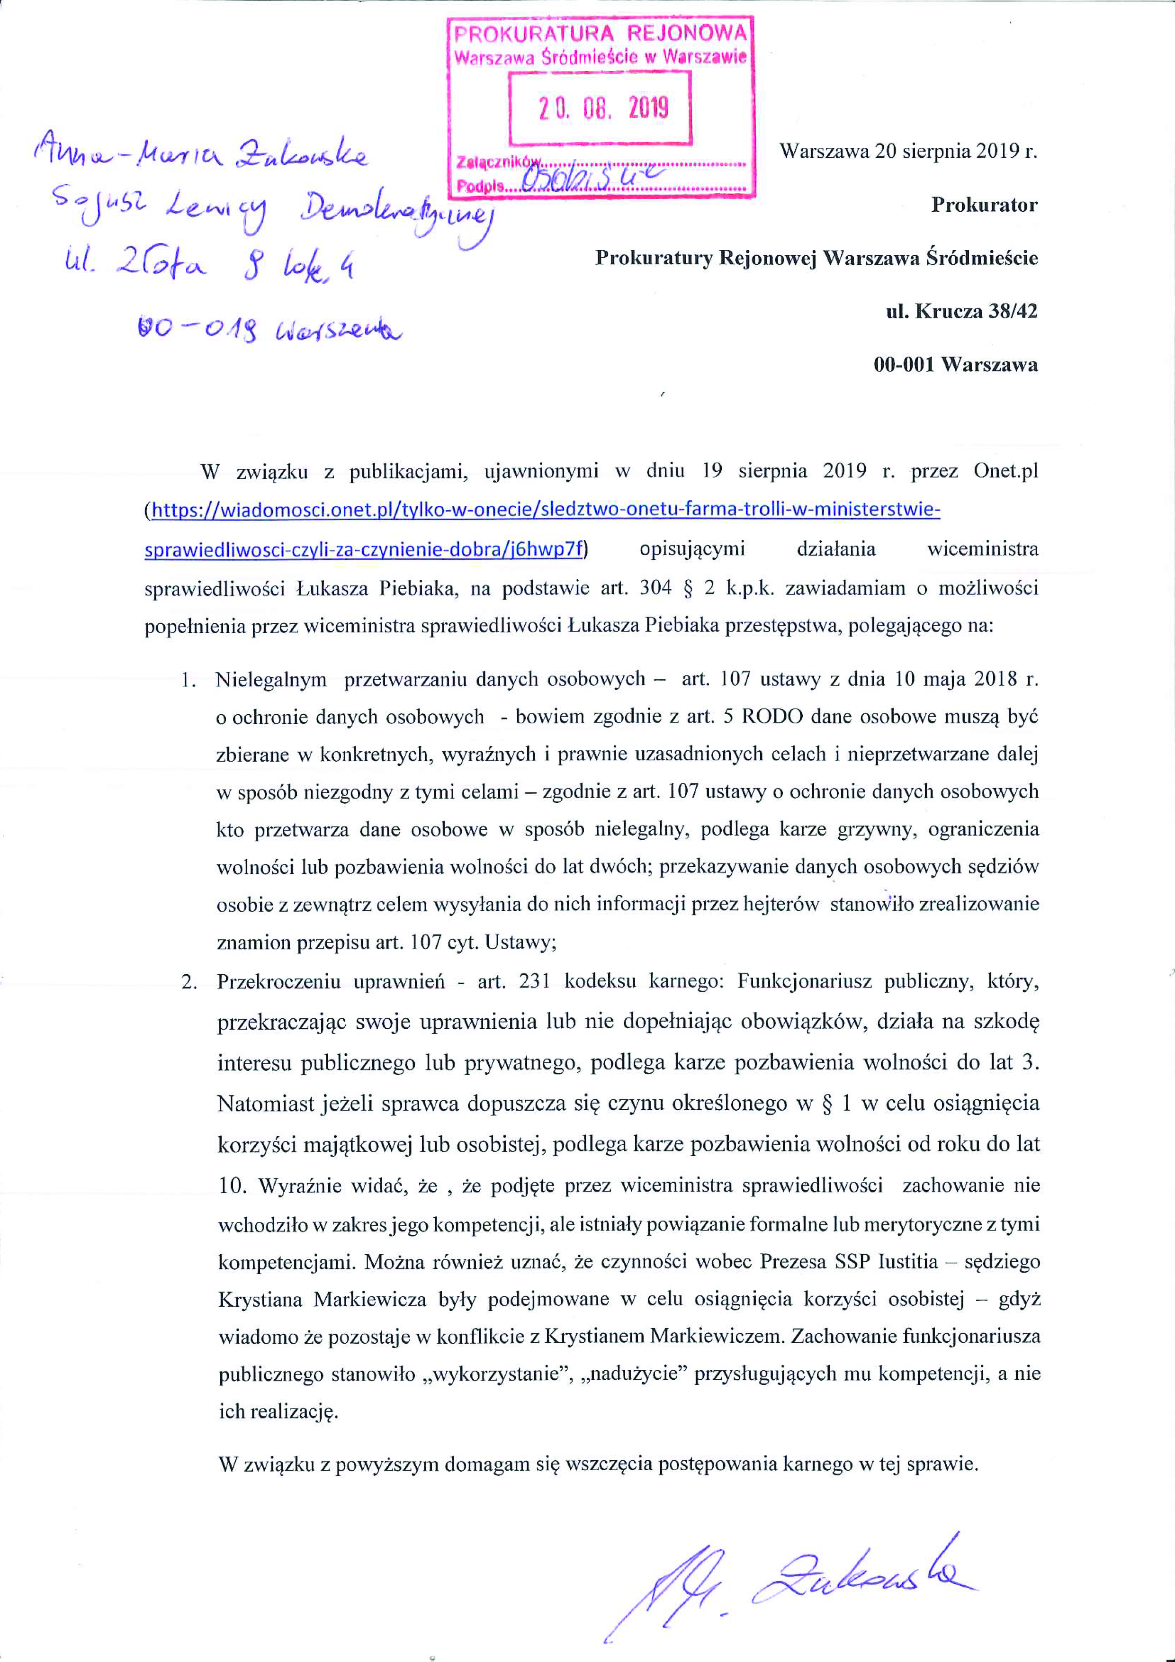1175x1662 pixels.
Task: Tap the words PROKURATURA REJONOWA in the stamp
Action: pos(600,33)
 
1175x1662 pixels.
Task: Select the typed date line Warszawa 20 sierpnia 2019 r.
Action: pos(908,151)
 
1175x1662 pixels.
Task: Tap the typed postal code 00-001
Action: pos(904,364)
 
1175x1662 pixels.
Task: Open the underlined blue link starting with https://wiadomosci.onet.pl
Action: pos(543,510)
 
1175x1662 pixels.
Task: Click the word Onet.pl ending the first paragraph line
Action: pos(1005,471)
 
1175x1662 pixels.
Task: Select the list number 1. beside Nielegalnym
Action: pos(189,679)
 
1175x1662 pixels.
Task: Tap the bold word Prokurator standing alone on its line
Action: pos(984,205)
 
